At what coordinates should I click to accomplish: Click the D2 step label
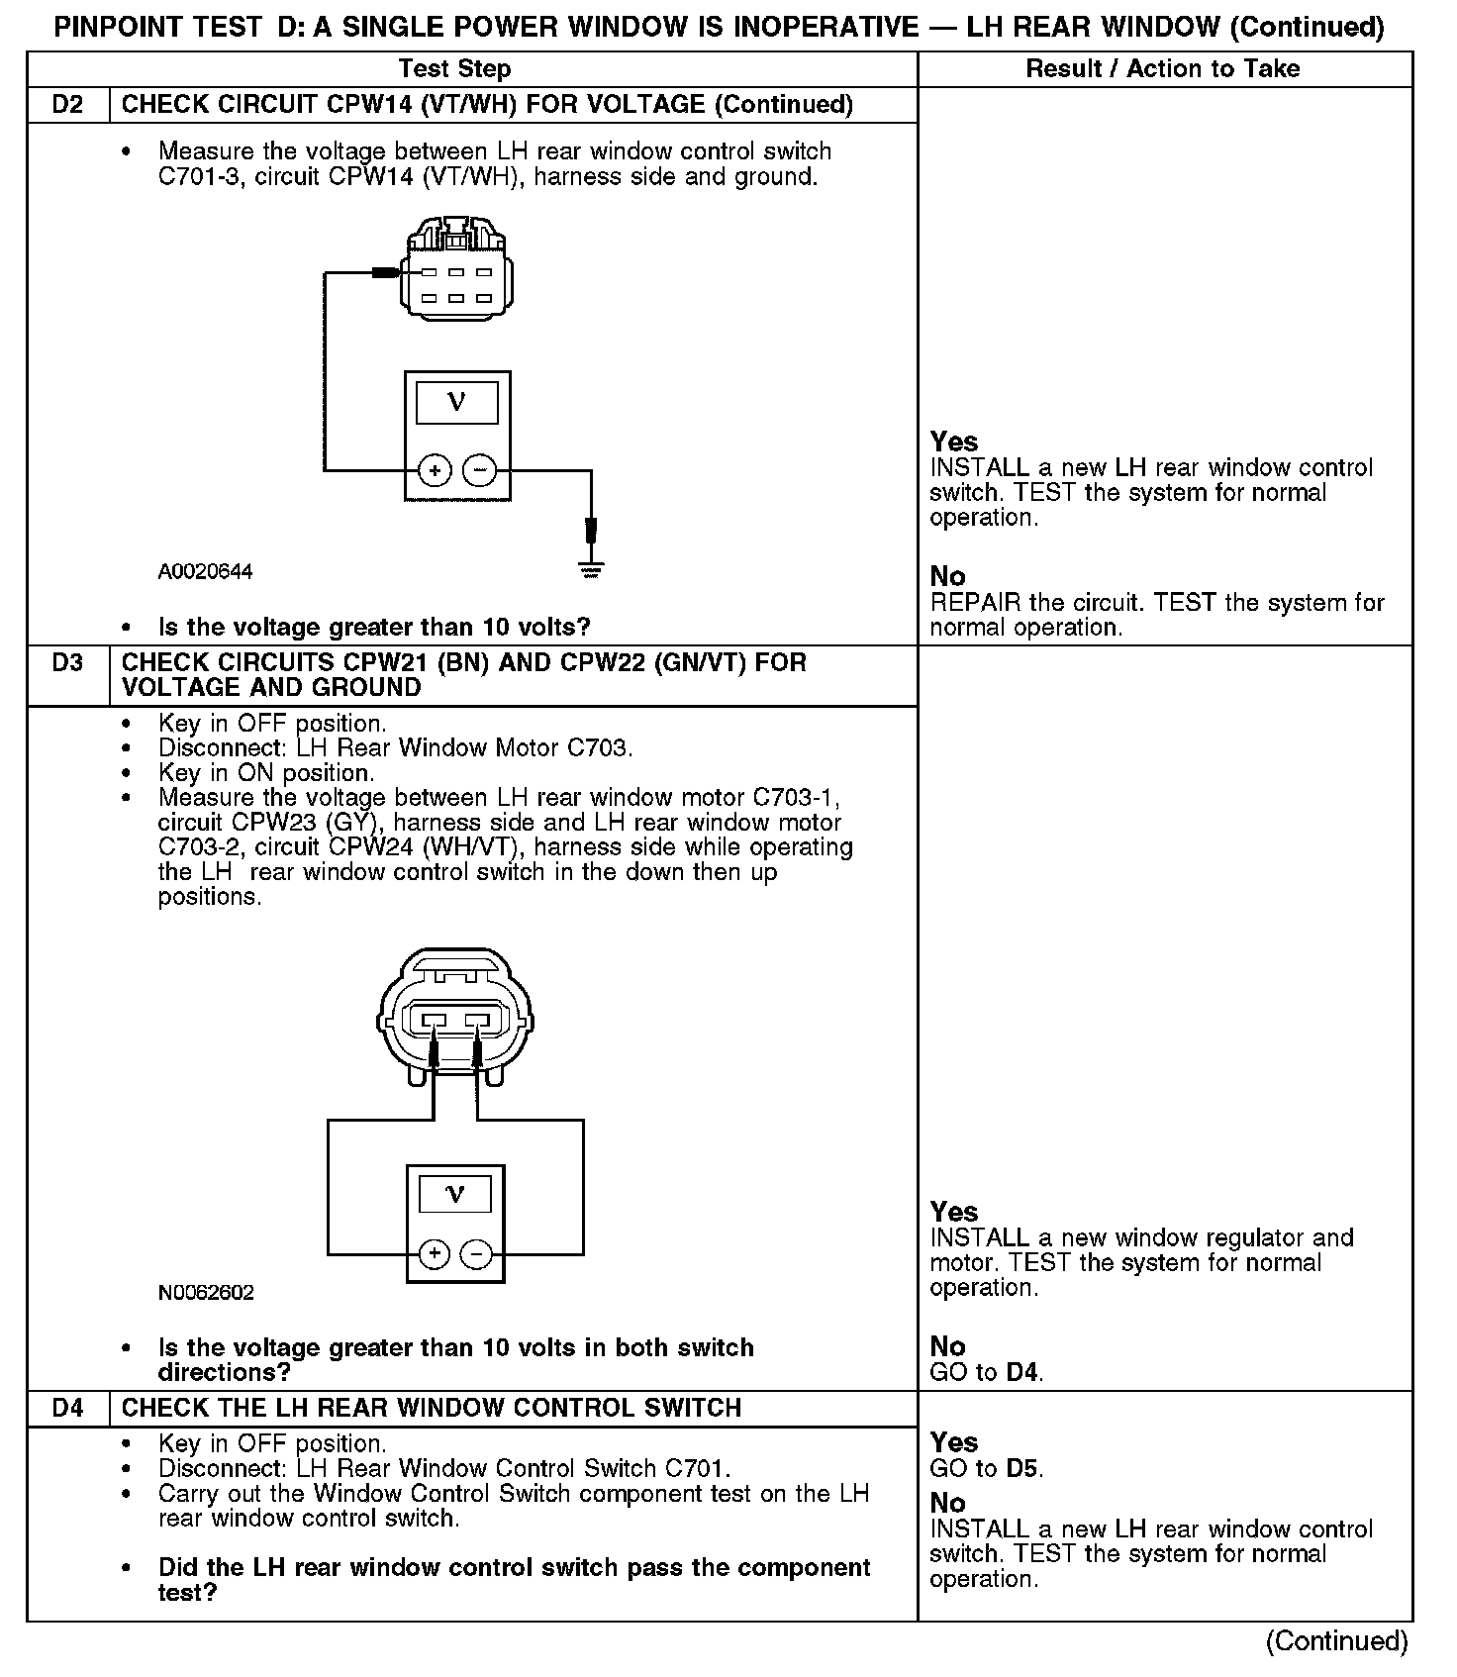[67, 105]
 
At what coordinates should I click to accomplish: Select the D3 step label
[67, 662]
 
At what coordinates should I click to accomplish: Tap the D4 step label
[67, 1408]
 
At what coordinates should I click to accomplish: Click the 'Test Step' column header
[454, 69]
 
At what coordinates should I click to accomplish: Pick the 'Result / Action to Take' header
[1163, 69]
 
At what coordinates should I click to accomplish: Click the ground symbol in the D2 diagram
[592, 569]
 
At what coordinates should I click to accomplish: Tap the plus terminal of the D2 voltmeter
[435, 470]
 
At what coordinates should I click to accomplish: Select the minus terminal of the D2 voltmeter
[480, 470]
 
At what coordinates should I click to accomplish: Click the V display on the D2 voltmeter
[456, 402]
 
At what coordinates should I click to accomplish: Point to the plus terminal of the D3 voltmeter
[434, 1255]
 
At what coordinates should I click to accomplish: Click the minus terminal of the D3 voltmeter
[477, 1255]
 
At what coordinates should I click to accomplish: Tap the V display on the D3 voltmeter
[455, 1194]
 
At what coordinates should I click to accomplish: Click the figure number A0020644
[205, 572]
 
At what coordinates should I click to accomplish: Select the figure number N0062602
[206, 1293]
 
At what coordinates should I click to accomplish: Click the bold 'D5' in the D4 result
[1022, 1468]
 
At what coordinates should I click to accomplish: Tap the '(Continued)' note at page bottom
[1336, 1640]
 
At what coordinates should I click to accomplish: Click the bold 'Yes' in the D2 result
[954, 442]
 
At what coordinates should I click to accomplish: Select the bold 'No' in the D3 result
[947, 1346]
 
